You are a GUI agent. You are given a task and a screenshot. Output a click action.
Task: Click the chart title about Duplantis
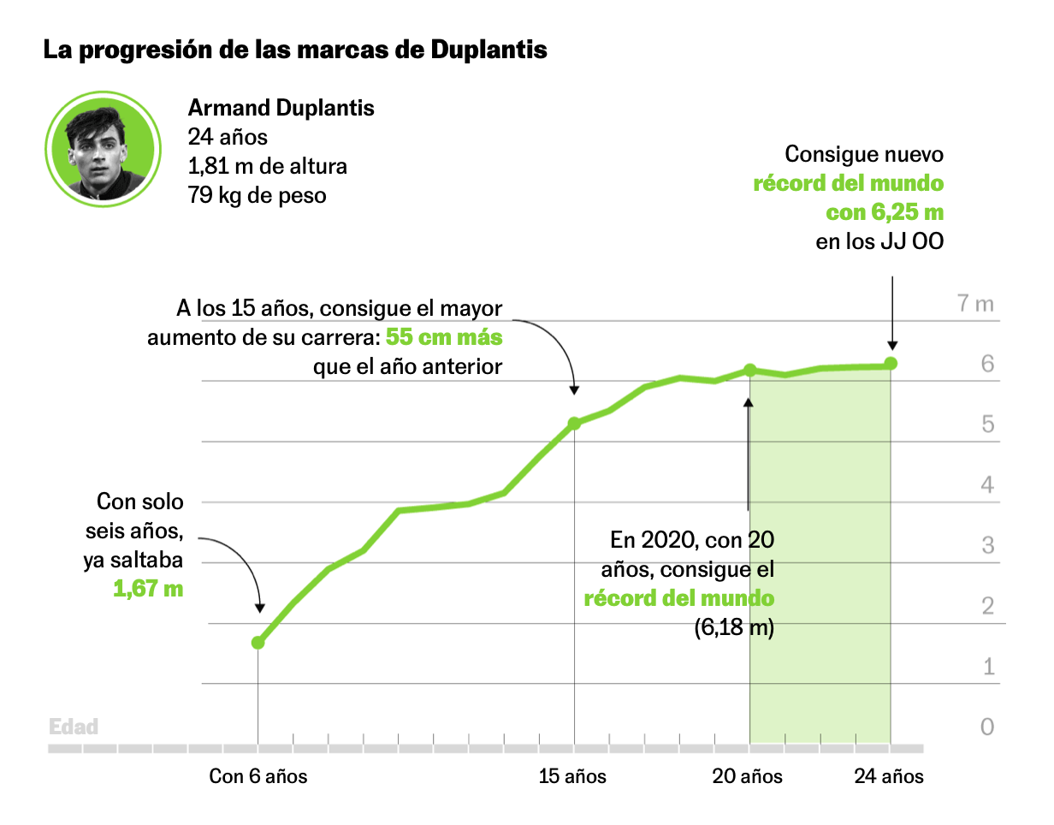tap(295, 50)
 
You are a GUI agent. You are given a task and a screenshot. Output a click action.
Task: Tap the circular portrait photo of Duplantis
tap(103, 147)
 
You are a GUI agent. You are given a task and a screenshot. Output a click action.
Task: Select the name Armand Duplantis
tap(281, 109)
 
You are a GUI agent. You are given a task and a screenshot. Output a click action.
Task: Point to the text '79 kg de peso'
tap(257, 195)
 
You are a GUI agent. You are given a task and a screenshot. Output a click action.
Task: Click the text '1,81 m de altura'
tap(267, 166)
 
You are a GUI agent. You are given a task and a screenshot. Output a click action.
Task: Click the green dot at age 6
tap(258, 643)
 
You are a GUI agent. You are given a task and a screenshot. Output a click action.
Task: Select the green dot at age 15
tap(574, 424)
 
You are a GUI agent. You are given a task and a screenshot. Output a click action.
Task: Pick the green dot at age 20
tap(749, 371)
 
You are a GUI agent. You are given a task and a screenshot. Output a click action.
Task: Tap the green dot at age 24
tap(891, 364)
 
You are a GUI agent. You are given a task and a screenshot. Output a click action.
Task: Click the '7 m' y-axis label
tap(976, 304)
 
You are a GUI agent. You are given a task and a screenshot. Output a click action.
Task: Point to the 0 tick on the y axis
tap(987, 727)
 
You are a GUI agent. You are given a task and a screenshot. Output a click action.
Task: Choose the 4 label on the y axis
tap(987, 485)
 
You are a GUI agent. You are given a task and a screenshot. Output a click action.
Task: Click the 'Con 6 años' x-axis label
tap(258, 777)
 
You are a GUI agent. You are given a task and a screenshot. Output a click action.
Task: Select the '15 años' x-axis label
tap(572, 777)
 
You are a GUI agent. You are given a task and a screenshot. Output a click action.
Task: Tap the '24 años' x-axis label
tap(889, 777)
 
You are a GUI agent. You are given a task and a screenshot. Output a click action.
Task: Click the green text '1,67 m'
tap(148, 589)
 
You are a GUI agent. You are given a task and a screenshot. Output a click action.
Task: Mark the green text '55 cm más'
tap(444, 337)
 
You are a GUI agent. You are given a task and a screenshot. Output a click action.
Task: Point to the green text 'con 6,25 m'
tap(885, 212)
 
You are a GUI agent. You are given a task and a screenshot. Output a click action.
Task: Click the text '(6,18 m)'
tap(733, 628)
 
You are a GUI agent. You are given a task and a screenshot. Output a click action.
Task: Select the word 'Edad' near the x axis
tap(74, 727)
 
